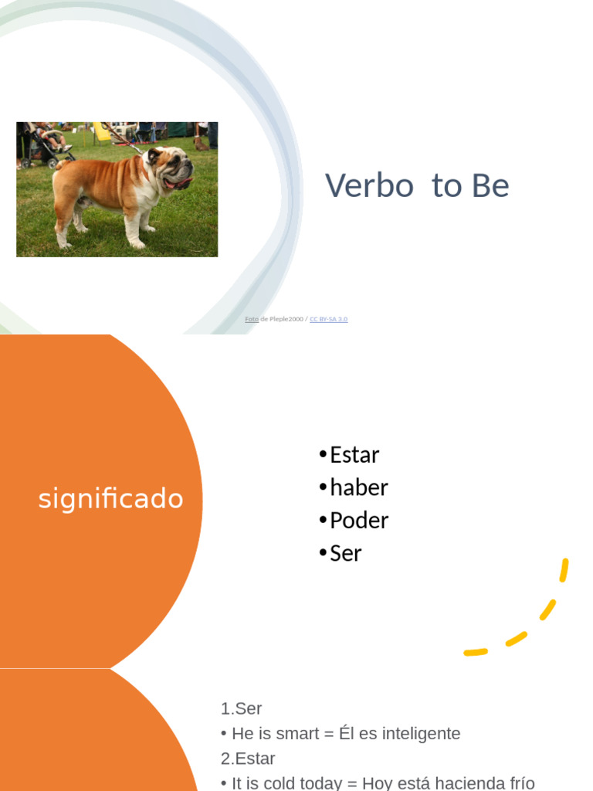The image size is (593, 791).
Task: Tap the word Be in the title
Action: pyautogui.click(x=492, y=186)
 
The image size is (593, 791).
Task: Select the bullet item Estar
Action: pyautogui.click(x=354, y=455)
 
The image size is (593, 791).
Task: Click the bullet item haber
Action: pyautogui.click(x=358, y=487)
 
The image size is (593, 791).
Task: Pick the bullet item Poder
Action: pyautogui.click(x=358, y=521)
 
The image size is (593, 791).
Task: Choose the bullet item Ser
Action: pyautogui.click(x=345, y=553)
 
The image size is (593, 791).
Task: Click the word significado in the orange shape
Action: pyautogui.click(x=110, y=499)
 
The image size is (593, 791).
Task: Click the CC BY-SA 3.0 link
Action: pyautogui.click(x=328, y=319)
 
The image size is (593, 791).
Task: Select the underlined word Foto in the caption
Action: pyautogui.click(x=252, y=319)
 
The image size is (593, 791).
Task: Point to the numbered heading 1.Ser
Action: pyautogui.click(x=241, y=708)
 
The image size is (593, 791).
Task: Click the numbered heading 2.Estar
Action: pyautogui.click(x=247, y=758)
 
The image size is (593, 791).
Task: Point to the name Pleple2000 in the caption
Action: pyautogui.click(x=286, y=319)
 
